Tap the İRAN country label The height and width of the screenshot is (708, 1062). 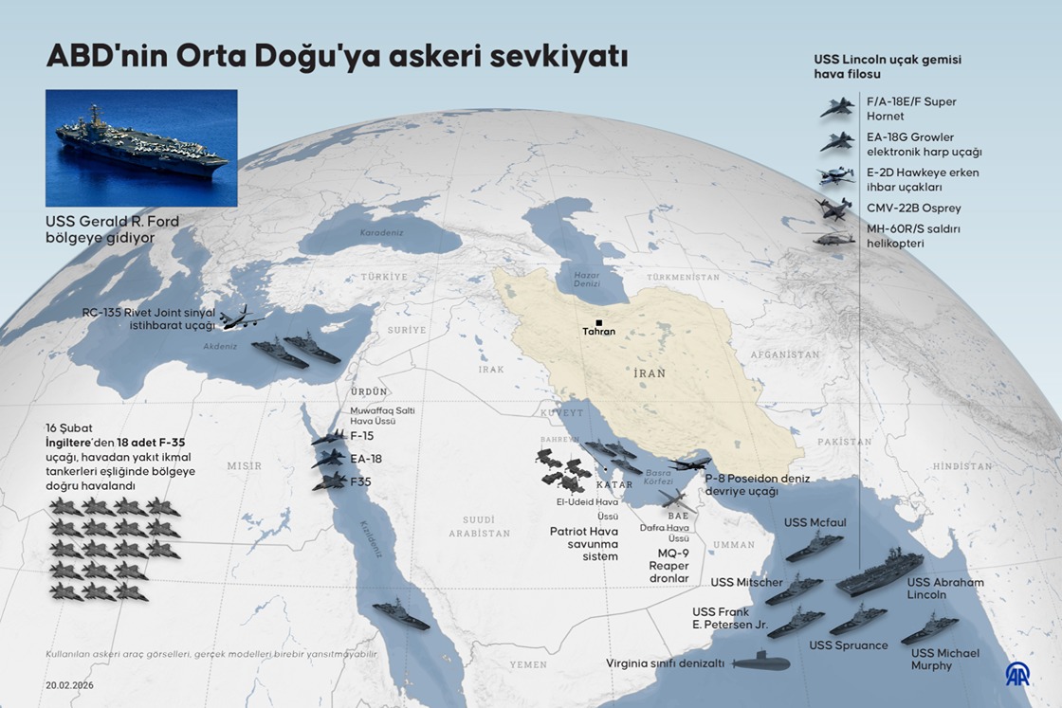click(650, 373)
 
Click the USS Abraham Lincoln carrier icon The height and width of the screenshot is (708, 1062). click(880, 573)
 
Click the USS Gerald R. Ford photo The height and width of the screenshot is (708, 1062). click(141, 148)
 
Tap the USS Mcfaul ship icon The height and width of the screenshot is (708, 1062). click(814, 546)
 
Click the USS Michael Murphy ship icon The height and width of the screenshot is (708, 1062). click(928, 628)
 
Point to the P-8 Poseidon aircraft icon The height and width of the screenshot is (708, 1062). click(689, 464)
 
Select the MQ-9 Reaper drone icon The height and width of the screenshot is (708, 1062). click(677, 500)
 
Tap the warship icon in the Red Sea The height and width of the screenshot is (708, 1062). click(401, 614)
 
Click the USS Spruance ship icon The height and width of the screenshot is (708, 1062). click(857, 619)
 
